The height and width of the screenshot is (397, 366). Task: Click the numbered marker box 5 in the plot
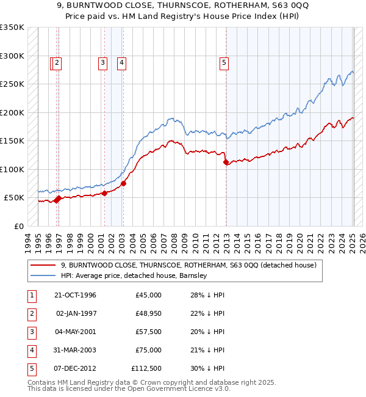(x=224, y=62)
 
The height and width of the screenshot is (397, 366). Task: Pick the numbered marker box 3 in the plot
(x=102, y=62)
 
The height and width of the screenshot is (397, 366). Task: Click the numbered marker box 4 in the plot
(x=122, y=62)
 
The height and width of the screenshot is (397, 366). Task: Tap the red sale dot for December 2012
(x=226, y=162)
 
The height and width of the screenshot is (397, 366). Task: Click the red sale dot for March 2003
(x=123, y=183)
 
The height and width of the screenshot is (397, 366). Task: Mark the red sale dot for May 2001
(x=104, y=193)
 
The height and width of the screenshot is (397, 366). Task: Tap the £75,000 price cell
(x=148, y=350)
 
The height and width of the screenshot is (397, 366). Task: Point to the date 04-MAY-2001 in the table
(x=75, y=332)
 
